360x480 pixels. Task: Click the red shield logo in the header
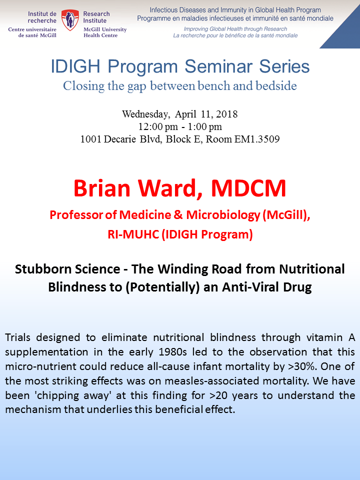(x=70, y=19)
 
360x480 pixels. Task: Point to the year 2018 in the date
(x=227, y=114)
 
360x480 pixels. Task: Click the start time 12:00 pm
(x=158, y=126)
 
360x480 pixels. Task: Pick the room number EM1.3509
(x=257, y=139)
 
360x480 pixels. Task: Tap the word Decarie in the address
(x=120, y=139)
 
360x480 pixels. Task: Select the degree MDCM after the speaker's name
(x=248, y=188)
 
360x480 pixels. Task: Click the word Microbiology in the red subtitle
(x=223, y=215)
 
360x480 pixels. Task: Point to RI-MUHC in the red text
(x=133, y=234)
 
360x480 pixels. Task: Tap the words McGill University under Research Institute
(x=105, y=29)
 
